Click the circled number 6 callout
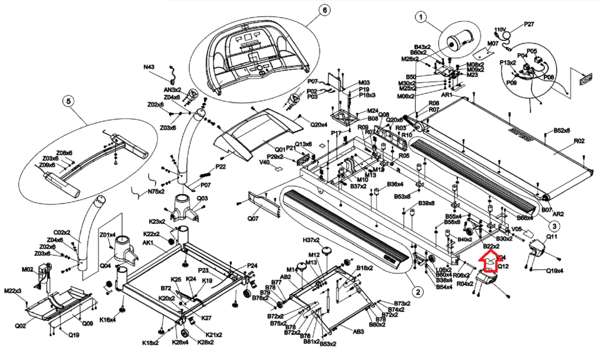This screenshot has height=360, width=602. click(325, 10)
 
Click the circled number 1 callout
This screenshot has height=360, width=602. click(421, 17)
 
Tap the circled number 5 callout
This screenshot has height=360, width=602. click(68, 101)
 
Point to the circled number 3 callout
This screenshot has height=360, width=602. click(554, 226)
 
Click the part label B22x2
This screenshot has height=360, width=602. click(491, 246)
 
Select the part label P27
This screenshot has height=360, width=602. click(529, 24)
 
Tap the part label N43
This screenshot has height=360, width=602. click(149, 67)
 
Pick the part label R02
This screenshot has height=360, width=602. click(579, 141)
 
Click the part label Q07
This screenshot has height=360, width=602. click(252, 219)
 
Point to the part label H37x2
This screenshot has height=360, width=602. click(311, 240)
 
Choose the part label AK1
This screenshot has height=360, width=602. click(148, 243)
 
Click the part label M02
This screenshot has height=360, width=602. click(27, 269)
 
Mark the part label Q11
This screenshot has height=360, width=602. click(552, 237)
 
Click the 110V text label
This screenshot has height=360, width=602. click(500, 29)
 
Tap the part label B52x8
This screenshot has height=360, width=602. click(561, 131)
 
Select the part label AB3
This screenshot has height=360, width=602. click(358, 332)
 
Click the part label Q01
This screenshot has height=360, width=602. click(280, 150)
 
